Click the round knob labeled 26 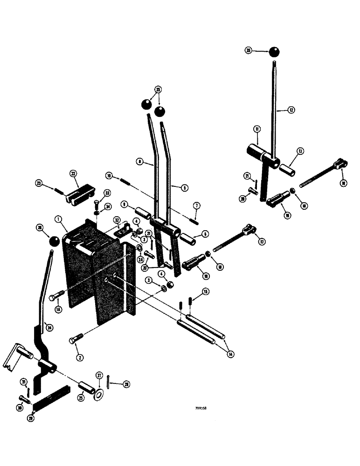(x=54, y=241)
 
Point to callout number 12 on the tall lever (x=291, y=110)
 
